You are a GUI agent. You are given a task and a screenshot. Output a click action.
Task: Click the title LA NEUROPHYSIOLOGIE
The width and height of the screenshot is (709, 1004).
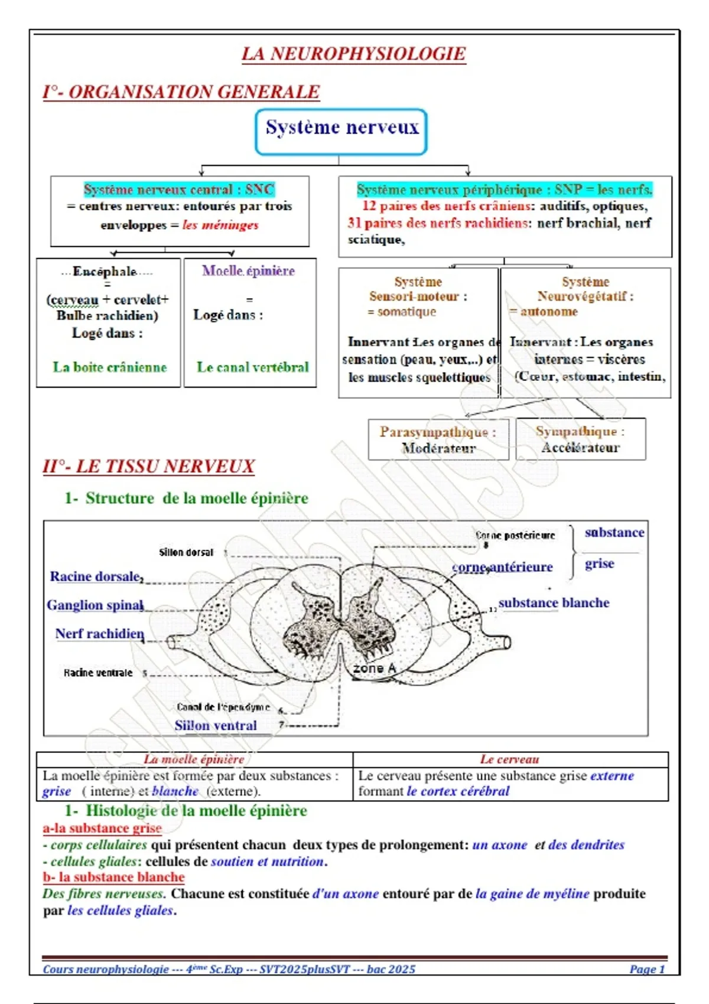pyautogui.click(x=353, y=54)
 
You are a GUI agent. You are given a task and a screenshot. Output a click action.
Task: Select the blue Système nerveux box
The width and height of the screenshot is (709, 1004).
pyautogui.click(x=341, y=131)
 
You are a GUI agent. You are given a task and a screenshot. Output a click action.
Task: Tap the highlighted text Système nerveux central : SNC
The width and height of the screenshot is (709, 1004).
pyautogui.click(x=179, y=190)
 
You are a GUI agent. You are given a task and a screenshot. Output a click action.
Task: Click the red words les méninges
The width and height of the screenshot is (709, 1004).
pyautogui.click(x=220, y=225)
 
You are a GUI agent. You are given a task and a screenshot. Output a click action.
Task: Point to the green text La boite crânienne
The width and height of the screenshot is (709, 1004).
pyautogui.click(x=110, y=367)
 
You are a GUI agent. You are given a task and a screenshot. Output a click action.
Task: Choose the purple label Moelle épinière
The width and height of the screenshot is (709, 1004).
pyautogui.click(x=249, y=271)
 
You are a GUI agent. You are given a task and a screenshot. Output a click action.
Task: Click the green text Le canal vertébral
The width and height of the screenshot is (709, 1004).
pyautogui.click(x=252, y=367)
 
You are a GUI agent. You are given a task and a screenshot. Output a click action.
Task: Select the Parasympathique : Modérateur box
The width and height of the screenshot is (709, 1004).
pyautogui.click(x=438, y=439)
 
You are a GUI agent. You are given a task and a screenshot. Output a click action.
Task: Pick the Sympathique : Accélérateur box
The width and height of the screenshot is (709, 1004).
pyautogui.click(x=580, y=439)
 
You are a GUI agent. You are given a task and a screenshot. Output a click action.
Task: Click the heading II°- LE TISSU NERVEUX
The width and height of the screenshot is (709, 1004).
pyautogui.click(x=148, y=467)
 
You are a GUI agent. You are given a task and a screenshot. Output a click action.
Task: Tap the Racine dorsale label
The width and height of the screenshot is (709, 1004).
pyautogui.click(x=95, y=576)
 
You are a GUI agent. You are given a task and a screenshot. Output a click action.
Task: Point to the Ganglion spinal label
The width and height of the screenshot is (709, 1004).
pyautogui.click(x=95, y=605)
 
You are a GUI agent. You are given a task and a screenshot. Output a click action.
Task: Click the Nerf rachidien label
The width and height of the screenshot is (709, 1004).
pyautogui.click(x=99, y=634)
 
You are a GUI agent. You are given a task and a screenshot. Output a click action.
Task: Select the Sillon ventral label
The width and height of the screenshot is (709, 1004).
pyautogui.click(x=216, y=725)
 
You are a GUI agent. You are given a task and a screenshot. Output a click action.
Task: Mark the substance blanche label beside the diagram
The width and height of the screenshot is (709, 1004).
pyautogui.click(x=554, y=603)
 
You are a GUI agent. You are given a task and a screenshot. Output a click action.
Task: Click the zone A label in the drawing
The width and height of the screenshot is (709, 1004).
pyautogui.click(x=374, y=668)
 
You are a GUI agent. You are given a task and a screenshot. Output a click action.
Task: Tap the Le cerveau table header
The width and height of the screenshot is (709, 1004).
pyautogui.click(x=509, y=759)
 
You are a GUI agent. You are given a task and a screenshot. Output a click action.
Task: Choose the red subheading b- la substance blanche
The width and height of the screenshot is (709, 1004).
pyautogui.click(x=113, y=877)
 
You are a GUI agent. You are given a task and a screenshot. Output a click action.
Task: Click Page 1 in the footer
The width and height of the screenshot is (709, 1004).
pyautogui.click(x=647, y=969)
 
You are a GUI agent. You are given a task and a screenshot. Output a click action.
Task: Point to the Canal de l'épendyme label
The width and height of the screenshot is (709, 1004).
pyautogui.click(x=223, y=707)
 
